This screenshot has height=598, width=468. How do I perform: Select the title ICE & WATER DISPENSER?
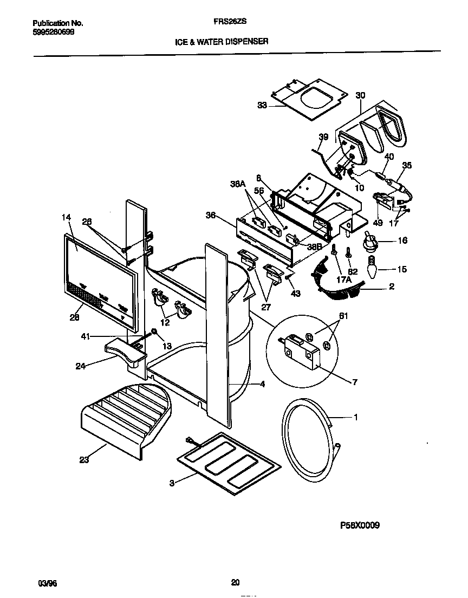pyautogui.click(x=221, y=41)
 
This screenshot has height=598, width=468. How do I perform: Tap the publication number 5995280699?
pyautogui.click(x=54, y=32)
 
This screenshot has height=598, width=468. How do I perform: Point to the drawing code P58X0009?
pyautogui.click(x=359, y=525)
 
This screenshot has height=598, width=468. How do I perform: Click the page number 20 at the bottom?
pyautogui.click(x=235, y=583)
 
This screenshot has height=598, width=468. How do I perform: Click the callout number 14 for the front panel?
pyautogui.click(x=66, y=218)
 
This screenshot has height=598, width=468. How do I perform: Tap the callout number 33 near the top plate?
pyautogui.click(x=262, y=106)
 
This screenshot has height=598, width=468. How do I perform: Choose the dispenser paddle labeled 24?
pyautogui.click(x=126, y=352)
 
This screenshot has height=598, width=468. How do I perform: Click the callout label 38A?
pyautogui.click(x=237, y=184)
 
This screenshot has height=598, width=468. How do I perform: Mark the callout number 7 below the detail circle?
pyautogui.click(x=355, y=383)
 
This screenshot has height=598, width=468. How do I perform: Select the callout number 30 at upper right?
pyautogui.click(x=360, y=95)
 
